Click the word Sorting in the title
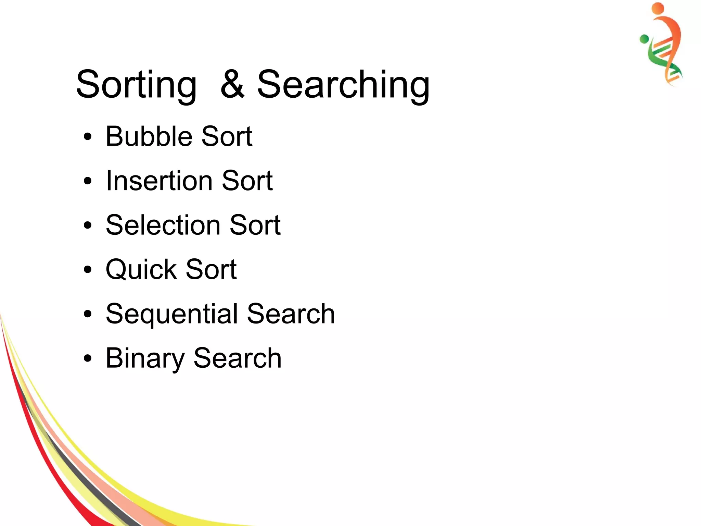pos(136,85)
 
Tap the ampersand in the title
pos(232,84)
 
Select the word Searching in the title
pos(343,85)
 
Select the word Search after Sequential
pos(291,314)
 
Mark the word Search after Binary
pos(238,358)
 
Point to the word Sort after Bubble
pos(227,136)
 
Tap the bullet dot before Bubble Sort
pos(88,137)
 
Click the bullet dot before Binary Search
pos(88,358)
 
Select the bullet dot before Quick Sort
pos(88,270)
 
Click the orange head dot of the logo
pos(658,8)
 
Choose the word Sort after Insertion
pos(247,181)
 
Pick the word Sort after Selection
pos(255,225)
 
